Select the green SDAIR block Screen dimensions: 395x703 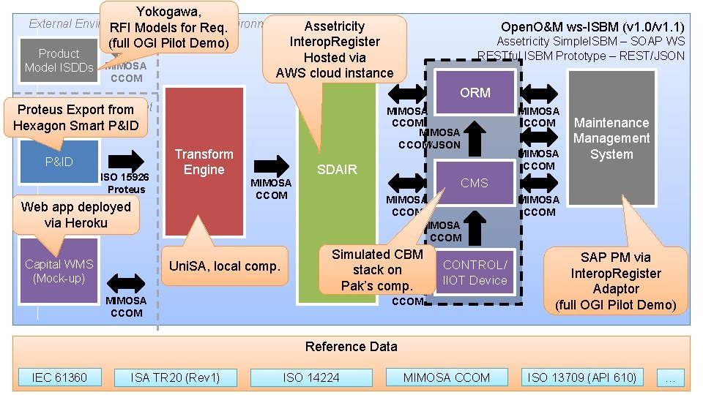point(336,219)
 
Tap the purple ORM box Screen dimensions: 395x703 point(475,93)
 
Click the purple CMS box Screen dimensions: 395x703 point(474,183)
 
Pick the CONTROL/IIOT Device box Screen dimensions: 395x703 point(475,272)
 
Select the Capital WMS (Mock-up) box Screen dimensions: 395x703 point(59,271)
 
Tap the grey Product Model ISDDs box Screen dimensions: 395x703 point(59,60)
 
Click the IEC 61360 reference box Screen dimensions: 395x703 point(59,377)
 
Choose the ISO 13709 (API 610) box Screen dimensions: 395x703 point(582,377)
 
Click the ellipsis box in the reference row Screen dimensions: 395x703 point(670,377)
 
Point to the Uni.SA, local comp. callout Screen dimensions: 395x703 point(225,266)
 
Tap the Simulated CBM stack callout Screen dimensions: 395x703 point(377,270)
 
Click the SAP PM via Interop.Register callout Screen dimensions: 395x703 point(615,281)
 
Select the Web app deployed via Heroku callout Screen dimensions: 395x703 point(75,214)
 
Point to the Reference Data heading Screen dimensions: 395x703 point(351,347)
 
